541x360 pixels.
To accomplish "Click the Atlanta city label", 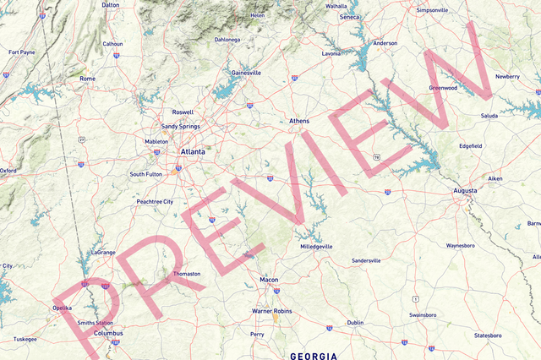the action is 193,152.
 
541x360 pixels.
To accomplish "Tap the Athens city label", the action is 299,121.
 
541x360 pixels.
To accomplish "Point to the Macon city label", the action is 269,279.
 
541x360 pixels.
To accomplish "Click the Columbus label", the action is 107,333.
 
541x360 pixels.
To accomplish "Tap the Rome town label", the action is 87,79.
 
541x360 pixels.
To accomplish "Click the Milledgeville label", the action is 317,246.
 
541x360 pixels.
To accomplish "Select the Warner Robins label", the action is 272,311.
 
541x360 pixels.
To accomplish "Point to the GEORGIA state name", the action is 314,356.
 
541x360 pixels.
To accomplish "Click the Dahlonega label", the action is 227,40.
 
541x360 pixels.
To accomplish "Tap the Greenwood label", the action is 443,88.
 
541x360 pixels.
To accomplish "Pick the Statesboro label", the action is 487,335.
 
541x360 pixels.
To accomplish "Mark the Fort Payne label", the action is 22,52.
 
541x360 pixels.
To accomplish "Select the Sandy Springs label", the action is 181,127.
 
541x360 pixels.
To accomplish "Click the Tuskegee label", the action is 25,339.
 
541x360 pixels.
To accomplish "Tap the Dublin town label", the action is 355,322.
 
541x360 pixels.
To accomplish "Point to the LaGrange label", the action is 102,252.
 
